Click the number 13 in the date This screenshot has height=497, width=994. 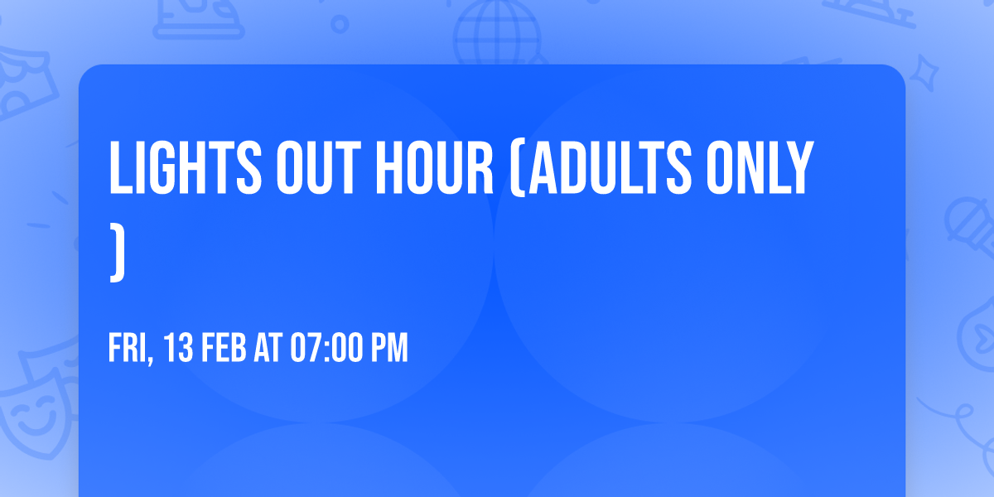pyautogui.click(x=179, y=350)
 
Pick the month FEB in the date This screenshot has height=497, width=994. pyautogui.click(x=223, y=350)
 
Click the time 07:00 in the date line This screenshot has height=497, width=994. pyautogui.click(x=326, y=350)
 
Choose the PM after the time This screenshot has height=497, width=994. pyautogui.click(x=388, y=350)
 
